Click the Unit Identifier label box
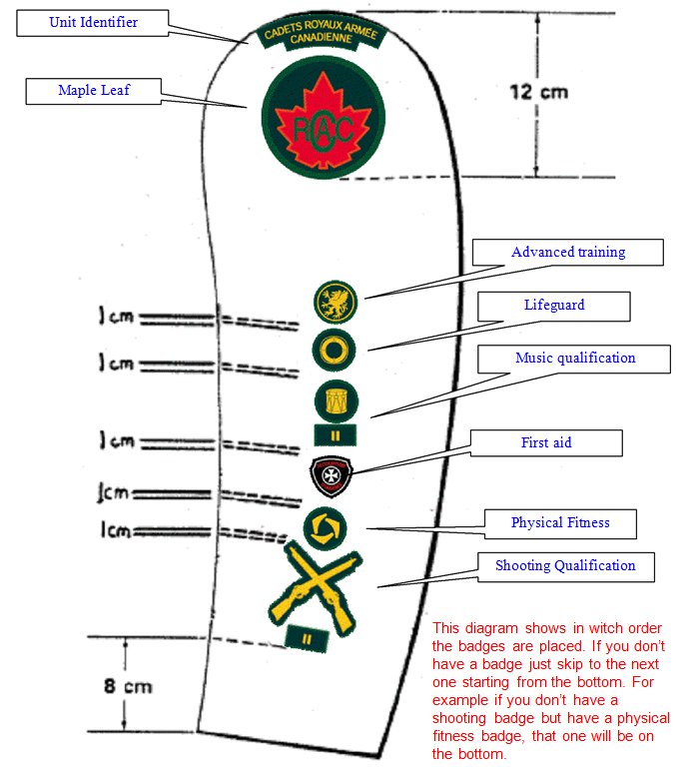click(x=94, y=22)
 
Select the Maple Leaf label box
click(x=94, y=91)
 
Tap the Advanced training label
click(x=568, y=252)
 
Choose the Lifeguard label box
click(x=554, y=306)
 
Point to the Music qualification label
click(x=574, y=359)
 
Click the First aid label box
click(x=546, y=442)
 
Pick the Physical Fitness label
click(x=560, y=522)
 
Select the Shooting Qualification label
click(x=565, y=566)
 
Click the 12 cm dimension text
click(x=539, y=92)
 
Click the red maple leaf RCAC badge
click(x=323, y=118)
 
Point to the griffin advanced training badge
click(x=335, y=300)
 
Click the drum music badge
click(x=333, y=400)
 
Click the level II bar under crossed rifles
click(x=307, y=637)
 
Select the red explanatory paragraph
click(x=550, y=690)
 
